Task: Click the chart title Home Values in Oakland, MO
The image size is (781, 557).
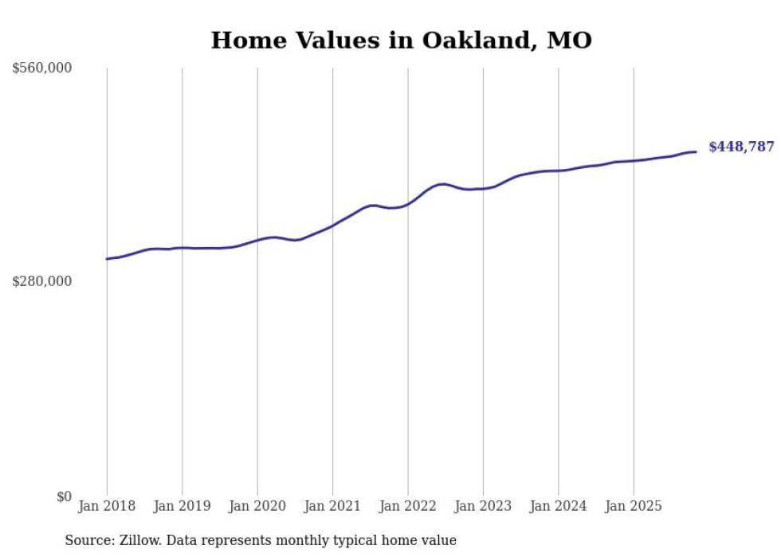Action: [x=401, y=40]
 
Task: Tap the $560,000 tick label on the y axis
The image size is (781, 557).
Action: [x=42, y=68]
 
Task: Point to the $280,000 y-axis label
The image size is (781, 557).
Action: [x=42, y=281]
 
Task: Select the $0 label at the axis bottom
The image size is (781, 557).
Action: [x=64, y=496]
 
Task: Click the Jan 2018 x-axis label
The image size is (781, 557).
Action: [x=107, y=506]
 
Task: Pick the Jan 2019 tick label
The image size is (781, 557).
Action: [x=182, y=506]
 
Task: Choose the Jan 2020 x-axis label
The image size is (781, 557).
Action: [x=257, y=506]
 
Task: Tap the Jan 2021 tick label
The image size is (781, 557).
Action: [x=332, y=506]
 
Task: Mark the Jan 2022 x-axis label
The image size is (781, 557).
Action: [x=408, y=506]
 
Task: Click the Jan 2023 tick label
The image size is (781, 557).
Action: [x=483, y=506]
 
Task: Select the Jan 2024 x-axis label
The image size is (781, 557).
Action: [x=559, y=506]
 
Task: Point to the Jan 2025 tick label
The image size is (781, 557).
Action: [x=634, y=506]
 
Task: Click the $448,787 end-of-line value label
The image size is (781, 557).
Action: [x=741, y=147]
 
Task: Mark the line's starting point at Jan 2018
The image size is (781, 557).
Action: [x=107, y=258]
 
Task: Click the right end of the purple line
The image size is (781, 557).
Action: [x=696, y=151]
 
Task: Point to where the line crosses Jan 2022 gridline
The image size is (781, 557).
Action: [x=408, y=204]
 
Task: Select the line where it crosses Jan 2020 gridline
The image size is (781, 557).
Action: [x=257, y=239]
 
